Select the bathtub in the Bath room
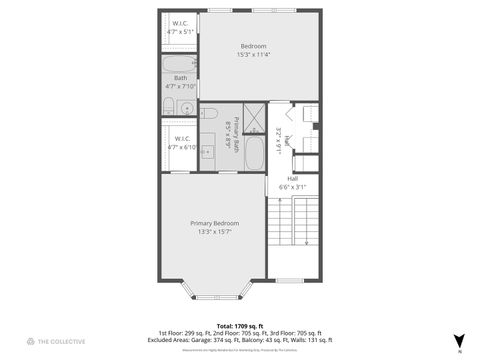pyautogui.click(x=181, y=65)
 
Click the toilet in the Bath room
pyautogui.click(x=168, y=107)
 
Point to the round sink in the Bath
pyautogui.click(x=187, y=107)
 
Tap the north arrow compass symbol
pyautogui.click(x=458, y=340)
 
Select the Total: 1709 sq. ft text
pyautogui.click(x=239, y=325)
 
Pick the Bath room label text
pyautogui.click(x=180, y=77)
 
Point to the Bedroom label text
pyautogui.click(x=254, y=46)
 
